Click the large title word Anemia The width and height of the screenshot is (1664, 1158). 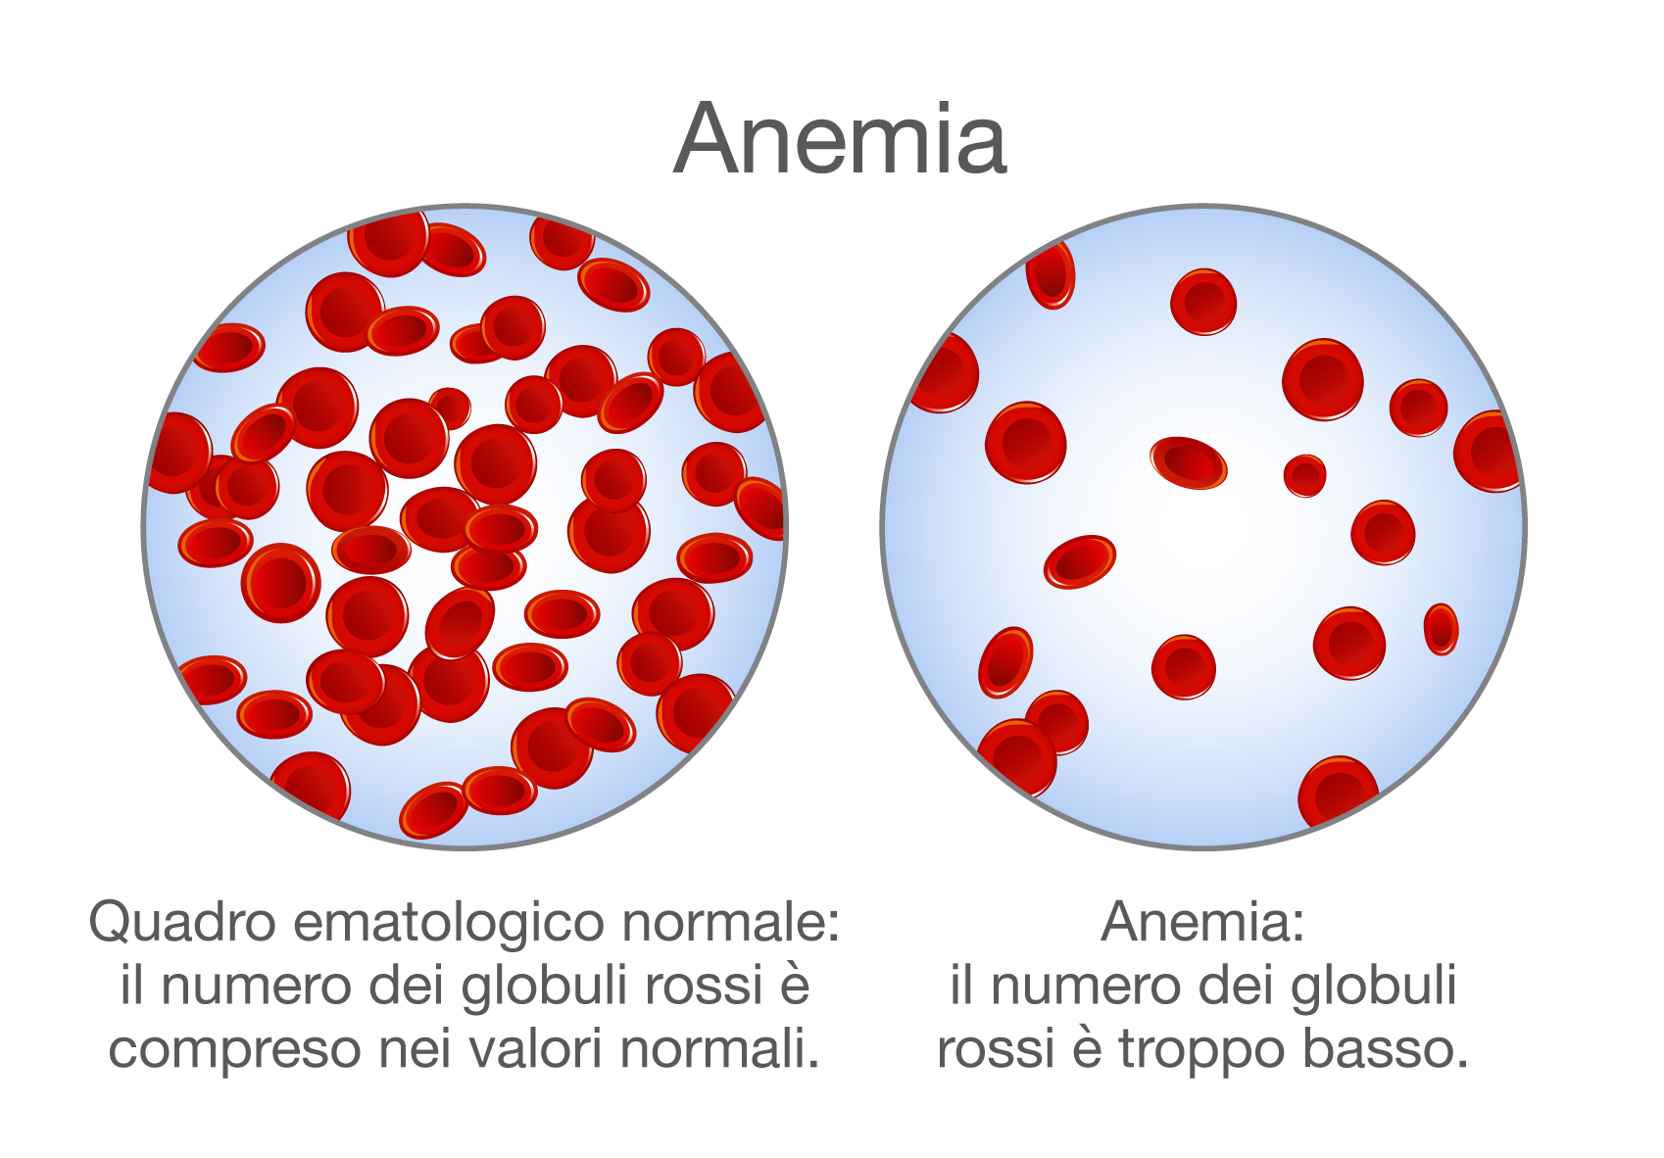(840, 139)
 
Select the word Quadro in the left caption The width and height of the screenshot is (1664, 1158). (182, 923)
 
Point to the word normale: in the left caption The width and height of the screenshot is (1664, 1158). (731, 923)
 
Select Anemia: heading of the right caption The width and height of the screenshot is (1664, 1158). (1202, 923)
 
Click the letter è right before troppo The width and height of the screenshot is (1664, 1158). (1087, 1047)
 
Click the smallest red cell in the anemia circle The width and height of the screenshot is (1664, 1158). (1304, 475)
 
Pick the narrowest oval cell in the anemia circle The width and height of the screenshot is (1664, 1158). (1441, 629)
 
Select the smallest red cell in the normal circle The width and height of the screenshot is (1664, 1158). (450, 408)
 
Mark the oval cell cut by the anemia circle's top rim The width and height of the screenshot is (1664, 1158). (1050, 274)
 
